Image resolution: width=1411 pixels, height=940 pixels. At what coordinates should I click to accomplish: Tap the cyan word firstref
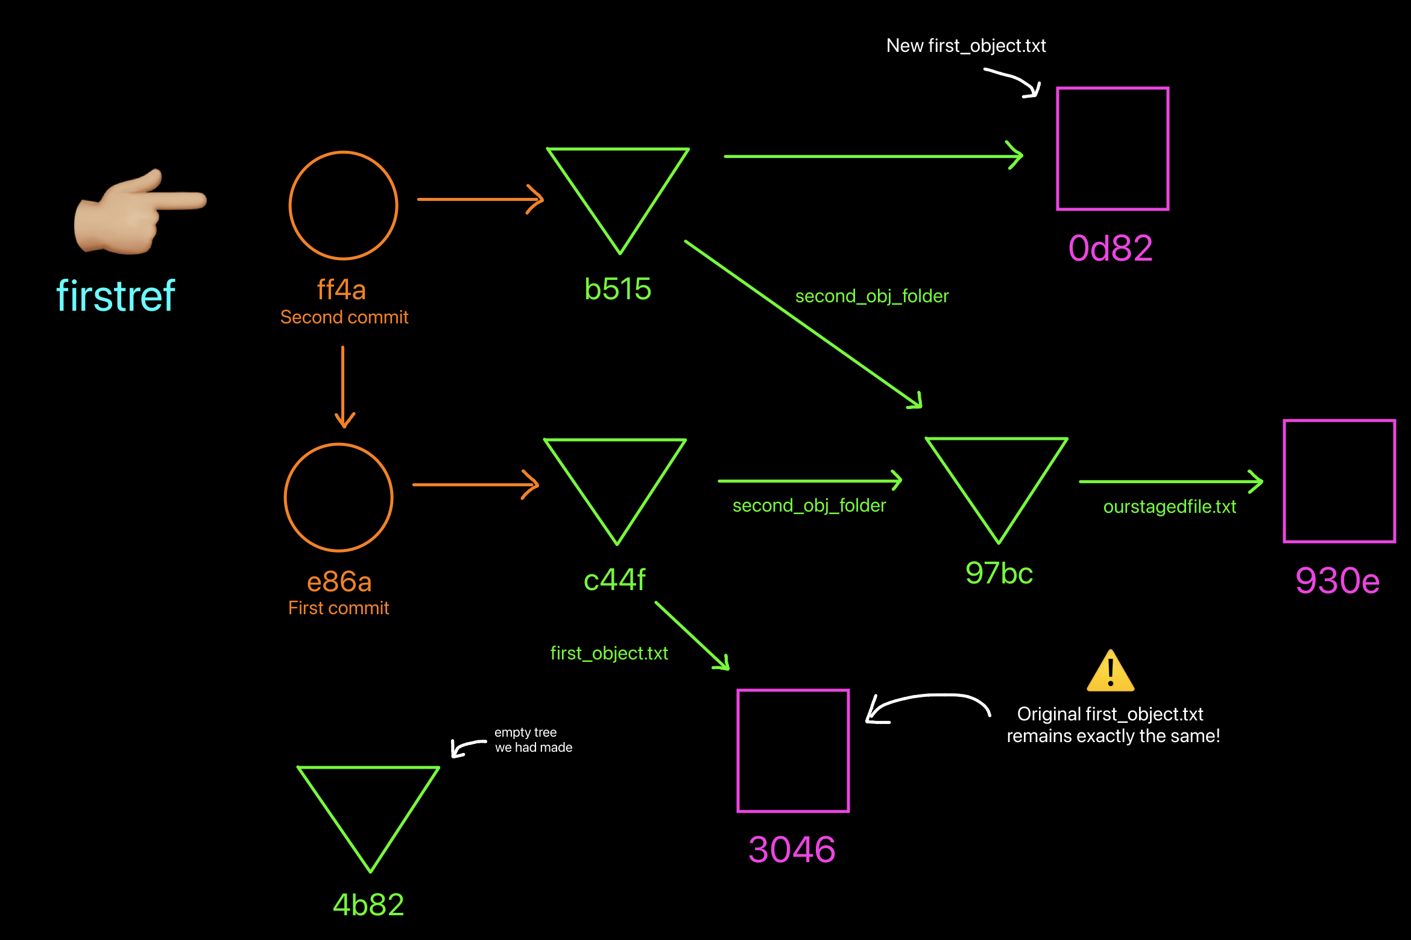tap(116, 296)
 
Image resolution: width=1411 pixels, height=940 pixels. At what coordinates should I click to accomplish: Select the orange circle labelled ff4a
tap(343, 206)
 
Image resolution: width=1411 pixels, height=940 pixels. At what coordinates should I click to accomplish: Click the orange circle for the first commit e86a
tap(339, 498)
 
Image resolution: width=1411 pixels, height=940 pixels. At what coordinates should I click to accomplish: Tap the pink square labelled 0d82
tap(1113, 149)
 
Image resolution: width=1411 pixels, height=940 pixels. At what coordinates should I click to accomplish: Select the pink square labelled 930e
tap(1339, 481)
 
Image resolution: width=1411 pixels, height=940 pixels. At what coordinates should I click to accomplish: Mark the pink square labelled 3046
tap(793, 751)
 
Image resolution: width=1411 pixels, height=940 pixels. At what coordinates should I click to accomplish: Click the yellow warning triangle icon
tap(1110, 672)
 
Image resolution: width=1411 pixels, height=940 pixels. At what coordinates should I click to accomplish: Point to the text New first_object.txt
tap(966, 46)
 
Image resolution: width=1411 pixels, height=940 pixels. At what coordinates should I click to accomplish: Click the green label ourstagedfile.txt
tap(1169, 507)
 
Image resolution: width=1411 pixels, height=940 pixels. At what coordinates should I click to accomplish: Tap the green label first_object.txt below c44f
tap(609, 653)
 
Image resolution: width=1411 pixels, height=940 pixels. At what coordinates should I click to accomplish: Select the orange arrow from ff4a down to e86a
tap(344, 386)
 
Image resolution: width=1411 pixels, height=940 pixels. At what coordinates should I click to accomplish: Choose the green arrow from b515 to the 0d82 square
tap(873, 156)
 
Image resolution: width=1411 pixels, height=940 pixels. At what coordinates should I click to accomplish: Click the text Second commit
tap(344, 317)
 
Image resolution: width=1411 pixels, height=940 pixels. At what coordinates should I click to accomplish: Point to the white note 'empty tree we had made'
tap(533, 740)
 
